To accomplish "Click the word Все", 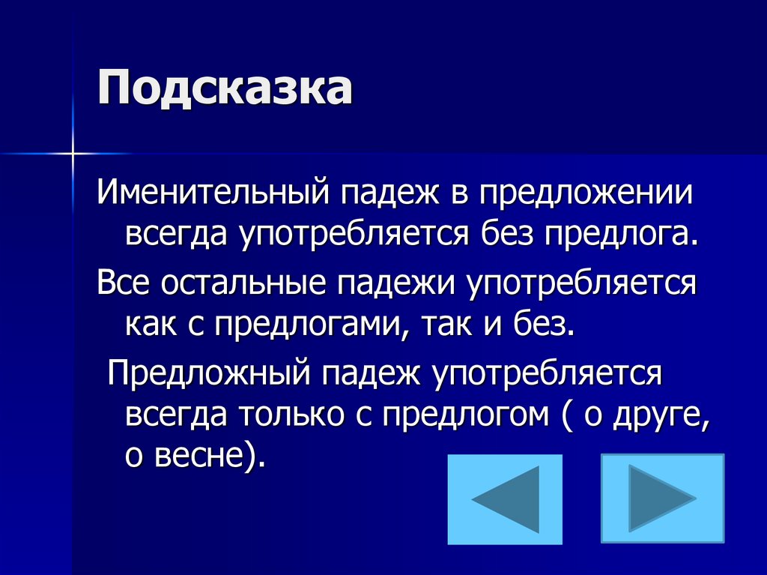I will tap(124, 284).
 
